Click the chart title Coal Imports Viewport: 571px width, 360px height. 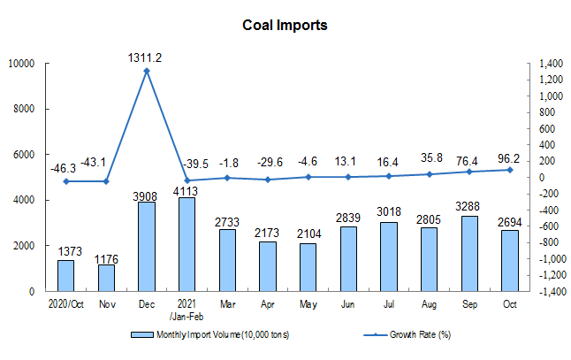pos(285,26)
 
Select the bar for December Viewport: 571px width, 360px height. pos(147,247)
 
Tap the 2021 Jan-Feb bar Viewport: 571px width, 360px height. pos(187,244)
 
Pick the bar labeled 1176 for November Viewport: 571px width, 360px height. pos(106,278)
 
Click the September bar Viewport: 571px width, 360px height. pos(469,254)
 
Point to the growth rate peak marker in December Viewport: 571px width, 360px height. pos(147,71)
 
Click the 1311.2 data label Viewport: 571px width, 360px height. pos(145,57)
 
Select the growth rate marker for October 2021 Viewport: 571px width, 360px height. pos(510,170)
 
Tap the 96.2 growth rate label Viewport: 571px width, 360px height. pos(508,158)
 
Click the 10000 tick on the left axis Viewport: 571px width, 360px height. pos(21,64)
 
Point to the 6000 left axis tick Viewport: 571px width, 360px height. pos(24,155)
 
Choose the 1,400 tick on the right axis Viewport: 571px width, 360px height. pos(551,64)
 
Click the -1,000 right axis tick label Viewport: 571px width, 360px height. pos(552,259)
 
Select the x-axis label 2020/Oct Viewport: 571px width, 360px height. pos(66,304)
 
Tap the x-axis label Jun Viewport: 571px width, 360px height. pos(347,304)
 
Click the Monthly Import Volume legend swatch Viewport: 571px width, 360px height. pos(142,335)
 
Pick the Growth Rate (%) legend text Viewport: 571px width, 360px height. pos(420,334)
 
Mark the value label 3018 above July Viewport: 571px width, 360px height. pos(389,211)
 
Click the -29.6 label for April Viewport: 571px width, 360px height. pos(270,162)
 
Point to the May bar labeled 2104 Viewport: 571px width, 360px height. pos(308,267)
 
